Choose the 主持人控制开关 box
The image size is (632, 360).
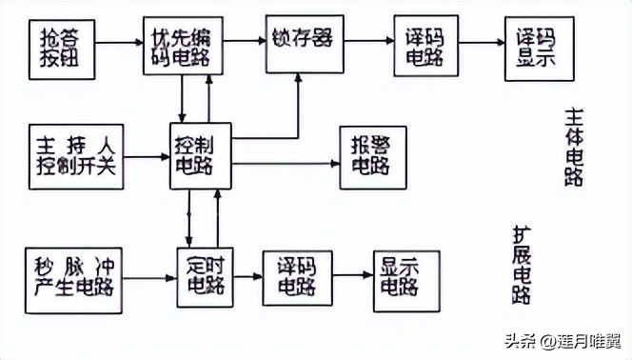pyautogui.click(x=76, y=155)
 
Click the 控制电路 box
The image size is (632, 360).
pyautogui.click(x=200, y=155)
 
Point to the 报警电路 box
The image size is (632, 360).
pyautogui.click(x=372, y=157)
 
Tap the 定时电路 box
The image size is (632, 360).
pyautogui.click(x=206, y=273)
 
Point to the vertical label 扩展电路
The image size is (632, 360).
pyautogui.click(x=523, y=264)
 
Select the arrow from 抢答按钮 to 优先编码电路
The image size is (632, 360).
pyautogui.click(x=119, y=43)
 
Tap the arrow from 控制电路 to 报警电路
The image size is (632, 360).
pyautogui.click(x=285, y=162)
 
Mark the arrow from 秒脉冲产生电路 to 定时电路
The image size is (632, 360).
pyautogui.click(x=148, y=275)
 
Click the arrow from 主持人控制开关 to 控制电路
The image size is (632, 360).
pyautogui.click(x=148, y=156)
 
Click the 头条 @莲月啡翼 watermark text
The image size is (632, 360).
pyautogui.click(x=562, y=340)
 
